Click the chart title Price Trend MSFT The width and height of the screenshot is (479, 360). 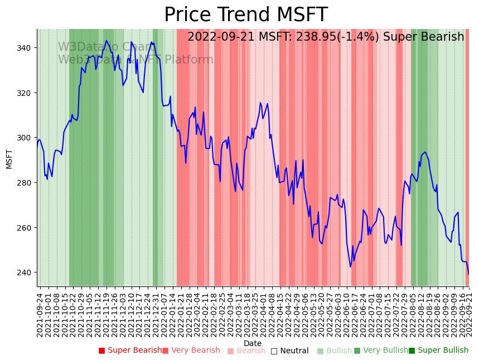coord(245,15)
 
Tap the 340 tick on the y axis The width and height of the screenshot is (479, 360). coord(26,48)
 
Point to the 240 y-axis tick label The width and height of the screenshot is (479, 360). coord(26,273)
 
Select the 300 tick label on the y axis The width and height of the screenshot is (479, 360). coord(26,138)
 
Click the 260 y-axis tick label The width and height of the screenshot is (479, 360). coord(26,228)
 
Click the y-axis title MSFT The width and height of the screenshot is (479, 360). coord(9,158)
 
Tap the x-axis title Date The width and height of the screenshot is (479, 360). coord(253,343)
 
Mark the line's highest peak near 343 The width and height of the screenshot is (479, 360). coord(107,41)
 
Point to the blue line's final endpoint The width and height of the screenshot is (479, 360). coord(468,274)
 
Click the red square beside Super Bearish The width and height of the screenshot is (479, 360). coord(101,351)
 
